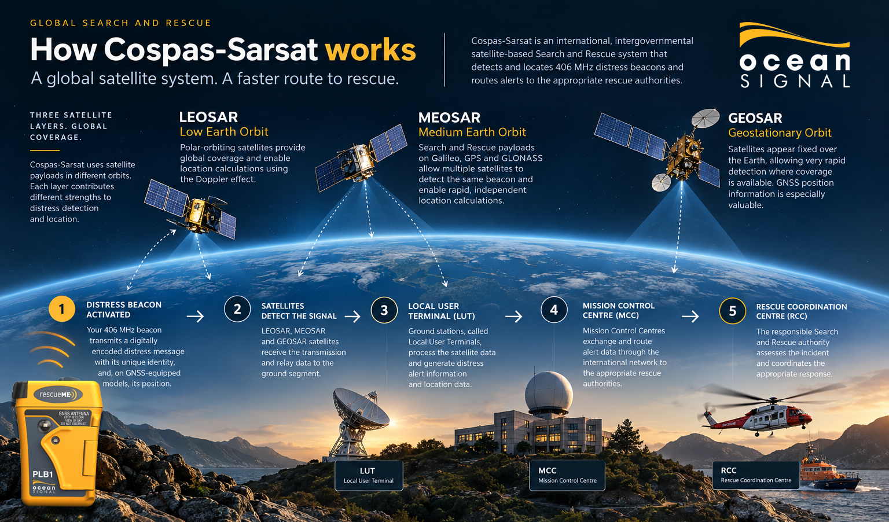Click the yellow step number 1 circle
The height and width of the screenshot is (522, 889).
61,309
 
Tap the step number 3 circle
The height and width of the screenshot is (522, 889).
384,310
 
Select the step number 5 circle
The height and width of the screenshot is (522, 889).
732,311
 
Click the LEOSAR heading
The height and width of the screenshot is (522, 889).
208,117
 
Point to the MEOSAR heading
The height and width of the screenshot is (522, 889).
449,117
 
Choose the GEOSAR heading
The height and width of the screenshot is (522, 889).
755,118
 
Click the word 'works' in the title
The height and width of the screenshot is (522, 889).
370,50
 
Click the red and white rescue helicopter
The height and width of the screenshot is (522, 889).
762,413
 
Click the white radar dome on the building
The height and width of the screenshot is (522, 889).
549,393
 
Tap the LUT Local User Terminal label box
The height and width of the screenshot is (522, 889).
369,475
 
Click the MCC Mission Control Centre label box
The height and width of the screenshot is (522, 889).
567,475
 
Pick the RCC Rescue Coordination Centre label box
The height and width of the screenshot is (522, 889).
756,475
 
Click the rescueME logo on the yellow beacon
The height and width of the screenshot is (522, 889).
58,395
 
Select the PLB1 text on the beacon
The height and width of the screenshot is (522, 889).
43,475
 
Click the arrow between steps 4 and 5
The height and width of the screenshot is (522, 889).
690,317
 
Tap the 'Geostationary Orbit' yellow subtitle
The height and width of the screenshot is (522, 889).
780,133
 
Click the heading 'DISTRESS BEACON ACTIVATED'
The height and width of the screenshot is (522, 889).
124,310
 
